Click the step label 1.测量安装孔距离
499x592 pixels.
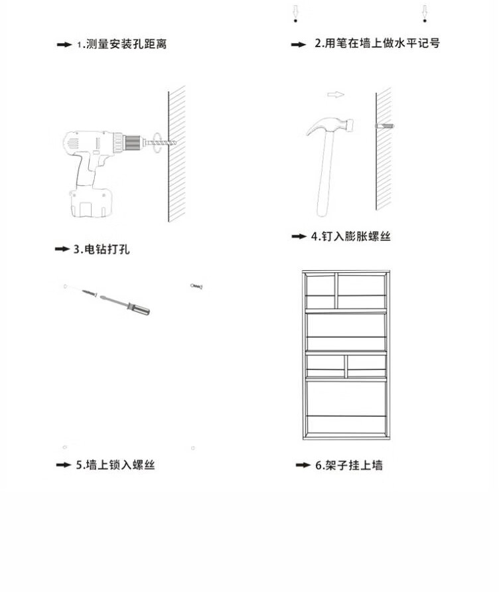click(122, 44)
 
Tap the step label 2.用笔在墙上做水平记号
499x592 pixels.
click(378, 43)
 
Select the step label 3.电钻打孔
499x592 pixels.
click(102, 249)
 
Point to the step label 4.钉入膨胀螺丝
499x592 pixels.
click(350, 236)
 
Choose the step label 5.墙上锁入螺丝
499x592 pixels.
click(115, 465)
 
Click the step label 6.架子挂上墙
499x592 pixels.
click(349, 465)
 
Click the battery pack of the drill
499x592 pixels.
click(91, 202)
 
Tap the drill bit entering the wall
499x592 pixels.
click(161, 143)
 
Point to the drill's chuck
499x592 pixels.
click(132, 143)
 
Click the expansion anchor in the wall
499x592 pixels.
click(385, 125)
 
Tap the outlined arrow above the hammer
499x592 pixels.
click(336, 94)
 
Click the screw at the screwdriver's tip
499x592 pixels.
click(90, 292)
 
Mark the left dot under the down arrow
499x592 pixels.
click(295, 21)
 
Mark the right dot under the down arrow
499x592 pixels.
click(425, 21)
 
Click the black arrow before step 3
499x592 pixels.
click(62, 249)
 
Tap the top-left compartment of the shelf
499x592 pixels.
click(321, 286)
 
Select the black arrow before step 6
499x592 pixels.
click(303, 465)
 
